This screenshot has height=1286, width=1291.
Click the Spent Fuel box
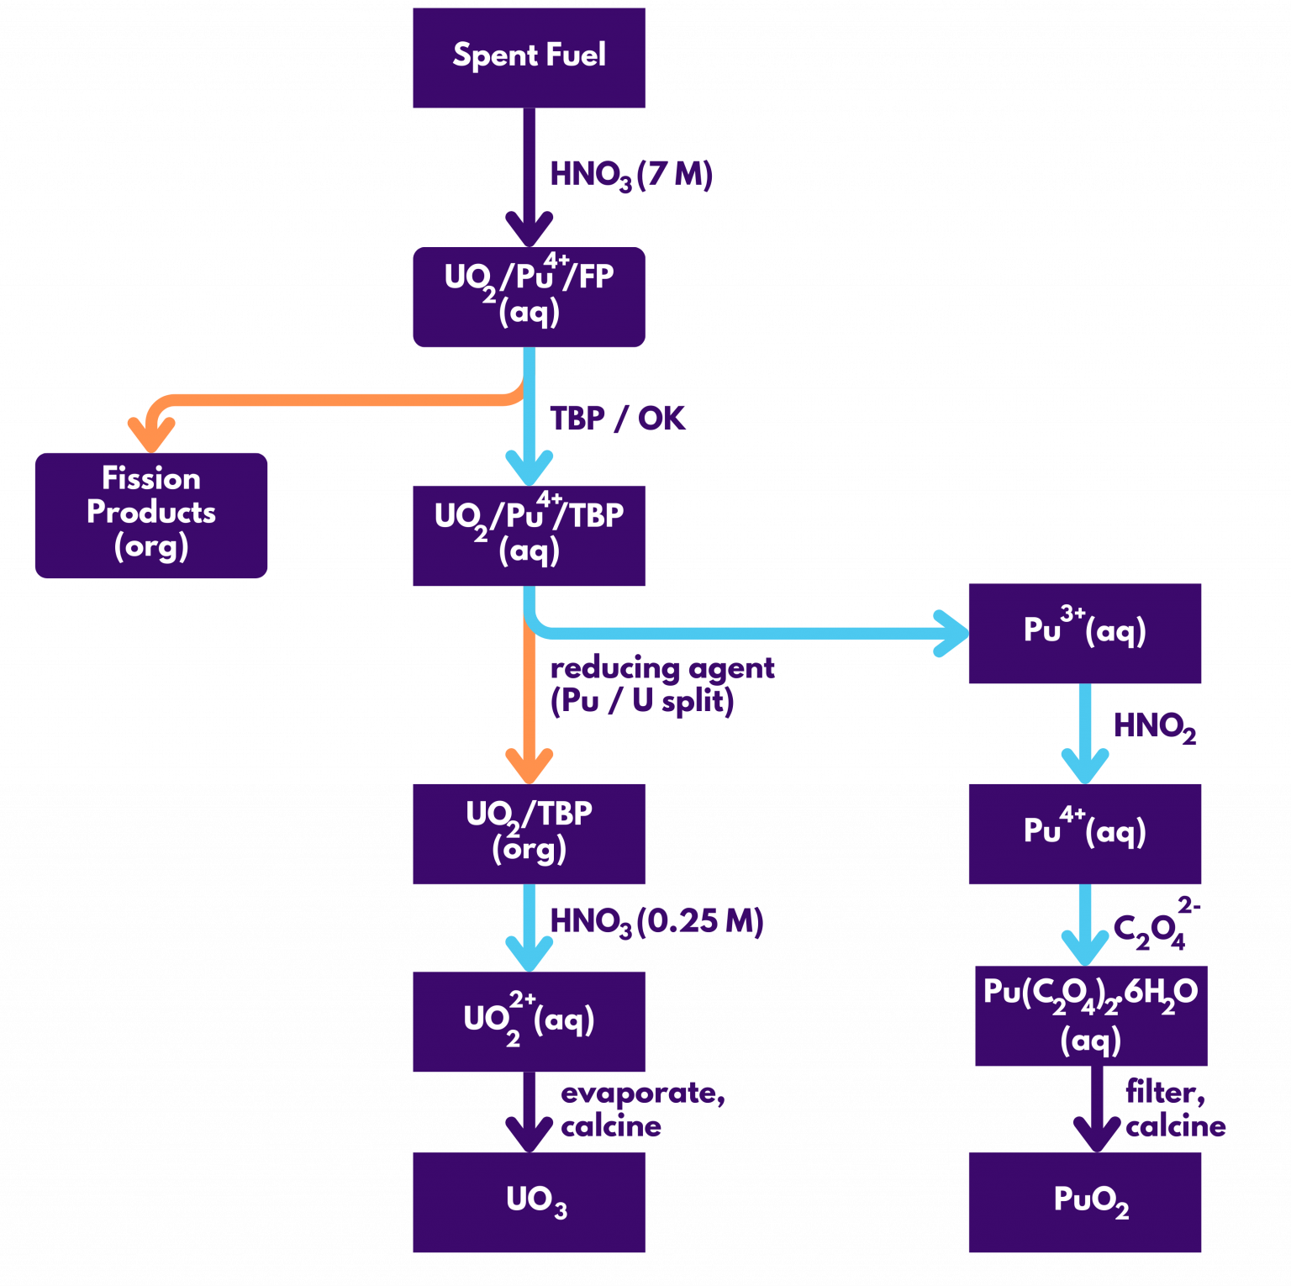[529, 57]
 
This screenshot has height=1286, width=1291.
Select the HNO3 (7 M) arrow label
[630, 175]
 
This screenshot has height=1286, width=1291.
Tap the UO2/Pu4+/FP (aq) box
[529, 296]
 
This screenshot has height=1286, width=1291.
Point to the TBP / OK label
[617, 418]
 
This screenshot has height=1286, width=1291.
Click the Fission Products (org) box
[151, 514]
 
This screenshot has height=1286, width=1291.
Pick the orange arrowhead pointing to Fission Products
[151, 435]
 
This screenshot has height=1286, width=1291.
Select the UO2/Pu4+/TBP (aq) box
[529, 535]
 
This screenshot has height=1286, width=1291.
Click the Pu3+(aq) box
[1084, 632]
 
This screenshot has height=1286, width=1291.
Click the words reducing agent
[661, 668]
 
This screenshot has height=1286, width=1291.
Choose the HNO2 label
[1153, 727]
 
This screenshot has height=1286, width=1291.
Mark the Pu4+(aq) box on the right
[1084, 833]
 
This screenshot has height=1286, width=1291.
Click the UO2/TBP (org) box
[529, 833]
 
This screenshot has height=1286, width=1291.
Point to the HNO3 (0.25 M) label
[656, 922]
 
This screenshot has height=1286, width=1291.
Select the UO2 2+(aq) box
[529, 1020]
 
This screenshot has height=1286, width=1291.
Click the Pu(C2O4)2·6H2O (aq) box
[1090, 1015]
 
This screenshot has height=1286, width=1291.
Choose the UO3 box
[529, 1201]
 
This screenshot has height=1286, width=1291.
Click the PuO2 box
[1084, 1201]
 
